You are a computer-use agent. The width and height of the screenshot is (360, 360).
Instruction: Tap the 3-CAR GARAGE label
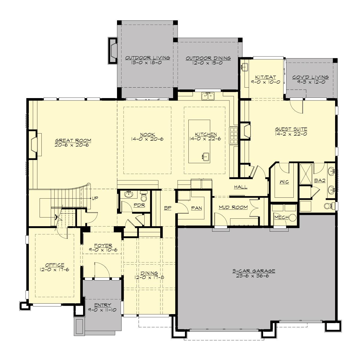(x=253, y=271)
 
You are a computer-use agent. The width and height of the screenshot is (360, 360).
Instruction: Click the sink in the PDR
(x=130, y=194)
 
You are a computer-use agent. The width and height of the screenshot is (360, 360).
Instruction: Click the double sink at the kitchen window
(x=208, y=96)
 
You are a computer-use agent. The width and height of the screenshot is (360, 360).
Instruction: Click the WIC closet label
(x=284, y=182)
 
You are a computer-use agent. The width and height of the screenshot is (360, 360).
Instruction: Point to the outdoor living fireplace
(x=113, y=50)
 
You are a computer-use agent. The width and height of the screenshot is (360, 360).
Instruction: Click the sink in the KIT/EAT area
(x=245, y=67)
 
